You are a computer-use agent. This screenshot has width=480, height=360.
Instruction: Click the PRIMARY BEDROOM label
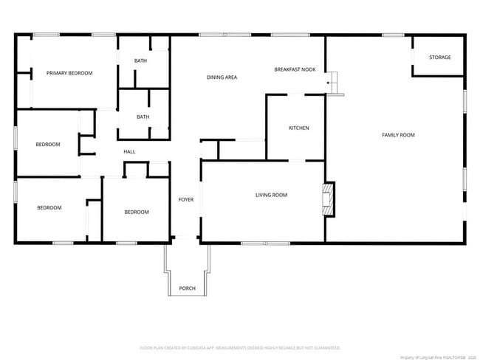coord(69,73)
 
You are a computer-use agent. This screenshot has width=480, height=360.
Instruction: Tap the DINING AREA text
coord(222,77)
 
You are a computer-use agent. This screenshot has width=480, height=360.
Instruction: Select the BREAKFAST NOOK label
coord(295,69)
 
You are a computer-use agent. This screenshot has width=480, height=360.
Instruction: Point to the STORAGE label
coord(440,58)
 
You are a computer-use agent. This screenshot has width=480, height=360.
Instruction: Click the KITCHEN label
coord(298,128)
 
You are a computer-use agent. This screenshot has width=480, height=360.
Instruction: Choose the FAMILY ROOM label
coord(398,135)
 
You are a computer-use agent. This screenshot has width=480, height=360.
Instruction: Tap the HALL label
coord(129,152)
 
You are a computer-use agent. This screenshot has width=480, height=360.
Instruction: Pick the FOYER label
coord(185,199)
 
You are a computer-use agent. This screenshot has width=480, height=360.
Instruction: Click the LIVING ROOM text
coord(271,195)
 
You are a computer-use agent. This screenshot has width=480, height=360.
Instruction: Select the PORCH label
coord(188,288)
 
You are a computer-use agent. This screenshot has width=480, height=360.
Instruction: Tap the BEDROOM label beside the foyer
coord(136,212)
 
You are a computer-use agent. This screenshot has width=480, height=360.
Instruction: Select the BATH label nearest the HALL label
coord(143,117)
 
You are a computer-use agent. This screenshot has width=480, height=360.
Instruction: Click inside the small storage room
coord(440,65)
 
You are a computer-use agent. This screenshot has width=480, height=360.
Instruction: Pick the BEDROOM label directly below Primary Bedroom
coord(48,145)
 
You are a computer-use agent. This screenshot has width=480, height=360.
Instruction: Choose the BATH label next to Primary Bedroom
coord(140,60)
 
